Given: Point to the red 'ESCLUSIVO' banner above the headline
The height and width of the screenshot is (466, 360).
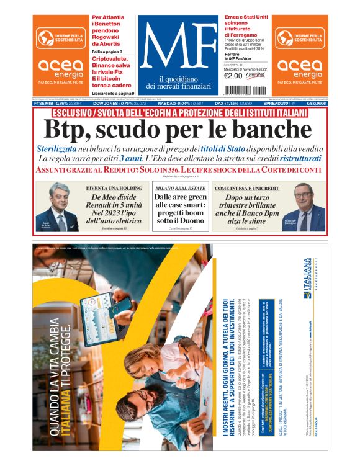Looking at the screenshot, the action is click(x=180, y=112).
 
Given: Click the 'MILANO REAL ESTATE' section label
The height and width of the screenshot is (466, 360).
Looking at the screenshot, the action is click(x=180, y=187).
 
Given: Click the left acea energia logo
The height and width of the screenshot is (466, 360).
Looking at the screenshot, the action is click(x=60, y=69).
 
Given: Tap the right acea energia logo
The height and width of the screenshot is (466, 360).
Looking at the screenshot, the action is click(x=299, y=69).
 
